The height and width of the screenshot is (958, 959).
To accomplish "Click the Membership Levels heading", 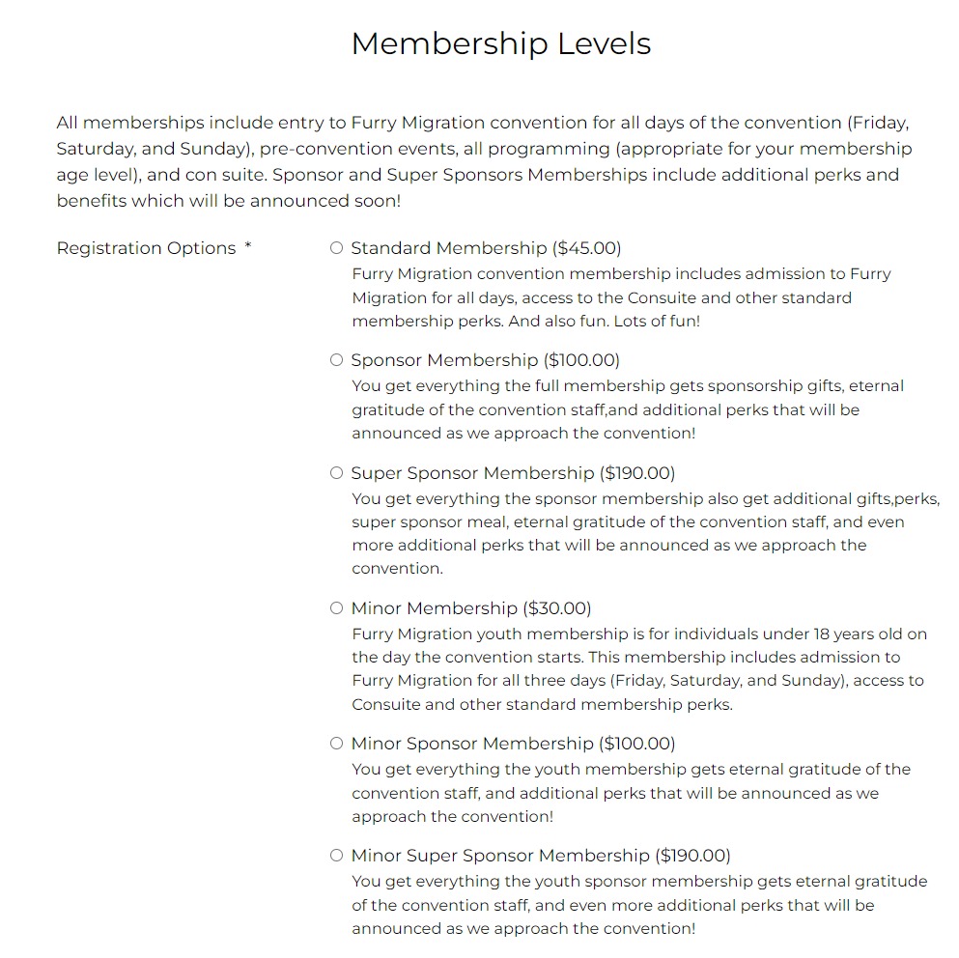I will pos(500,43).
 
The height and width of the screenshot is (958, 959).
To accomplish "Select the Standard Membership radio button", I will pos(336,248).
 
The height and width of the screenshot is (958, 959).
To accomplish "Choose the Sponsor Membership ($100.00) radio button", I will pos(336,360).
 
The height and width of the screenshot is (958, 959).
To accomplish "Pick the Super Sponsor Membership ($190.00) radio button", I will pos(336,473).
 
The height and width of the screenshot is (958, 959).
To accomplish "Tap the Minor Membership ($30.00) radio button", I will pos(336,608).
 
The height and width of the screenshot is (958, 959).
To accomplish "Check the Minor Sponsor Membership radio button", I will pos(336,744).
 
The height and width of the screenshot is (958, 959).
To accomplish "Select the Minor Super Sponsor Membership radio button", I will pos(336,856).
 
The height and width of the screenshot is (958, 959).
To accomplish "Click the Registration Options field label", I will pos(146,248).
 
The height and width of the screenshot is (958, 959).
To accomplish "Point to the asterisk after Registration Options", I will pos(248,246).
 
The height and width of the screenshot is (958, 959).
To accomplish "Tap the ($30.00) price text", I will pos(557,608).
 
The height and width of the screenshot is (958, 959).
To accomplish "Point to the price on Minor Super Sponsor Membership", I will pos(693,856).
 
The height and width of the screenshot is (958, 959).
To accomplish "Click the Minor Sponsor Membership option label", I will pos(472,744).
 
